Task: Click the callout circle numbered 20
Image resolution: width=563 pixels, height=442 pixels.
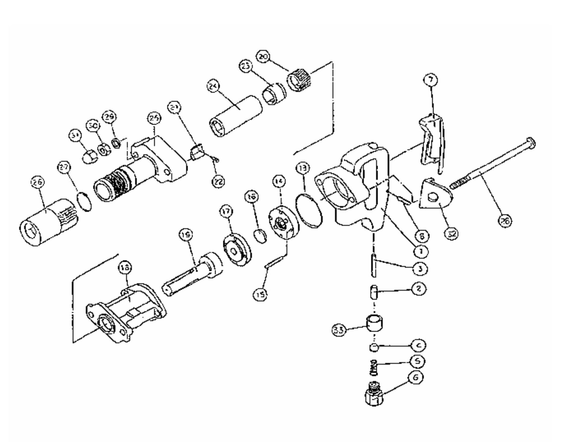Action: [263, 57]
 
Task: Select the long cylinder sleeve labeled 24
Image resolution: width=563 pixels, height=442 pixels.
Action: [236, 116]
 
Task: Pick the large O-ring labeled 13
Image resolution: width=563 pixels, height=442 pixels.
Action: [309, 211]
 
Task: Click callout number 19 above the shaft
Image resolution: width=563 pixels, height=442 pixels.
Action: [186, 235]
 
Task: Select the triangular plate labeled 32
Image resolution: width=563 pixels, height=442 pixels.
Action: [435, 197]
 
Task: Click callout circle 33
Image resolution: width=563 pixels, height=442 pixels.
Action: [339, 330]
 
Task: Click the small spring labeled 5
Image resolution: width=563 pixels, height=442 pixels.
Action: [374, 368]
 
